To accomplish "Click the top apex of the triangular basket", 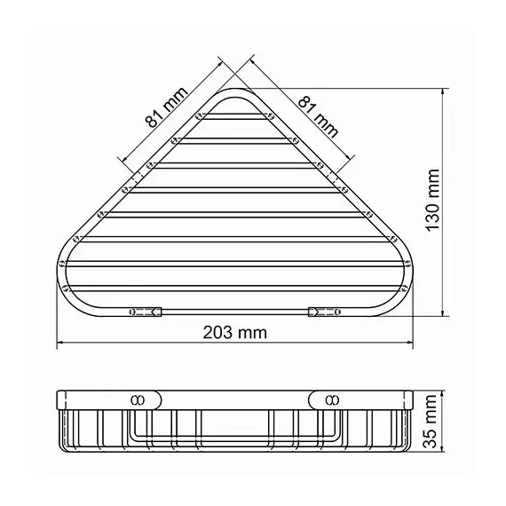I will pos(235,91).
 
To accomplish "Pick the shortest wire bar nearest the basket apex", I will pos(235,115).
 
